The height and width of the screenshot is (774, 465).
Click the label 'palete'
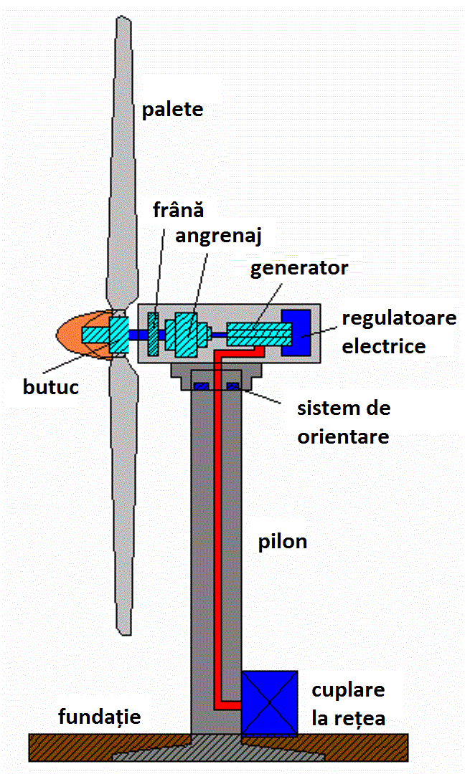pos(172,110)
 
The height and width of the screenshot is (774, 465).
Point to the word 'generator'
pos(299,269)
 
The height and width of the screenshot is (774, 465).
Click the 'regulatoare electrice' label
pos(398,332)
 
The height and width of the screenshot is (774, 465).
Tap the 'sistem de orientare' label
pos(343,422)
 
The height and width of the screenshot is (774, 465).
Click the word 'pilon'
pos(283,542)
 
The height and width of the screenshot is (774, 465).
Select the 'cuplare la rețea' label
pos(348,704)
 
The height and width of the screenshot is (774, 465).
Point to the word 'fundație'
pos(100,717)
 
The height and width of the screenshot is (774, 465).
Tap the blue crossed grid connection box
pos(269,703)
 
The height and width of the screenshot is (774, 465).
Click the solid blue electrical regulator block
pos(296,333)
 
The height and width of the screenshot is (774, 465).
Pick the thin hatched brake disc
pos(153,333)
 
